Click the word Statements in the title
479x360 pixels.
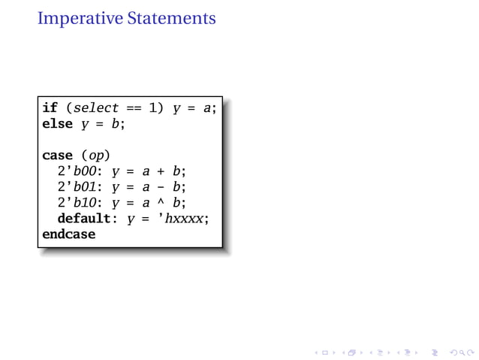170,17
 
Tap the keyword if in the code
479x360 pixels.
50,108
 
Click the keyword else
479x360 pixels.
58,124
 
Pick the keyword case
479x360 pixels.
58,156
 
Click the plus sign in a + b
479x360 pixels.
161,171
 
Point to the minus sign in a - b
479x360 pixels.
161,187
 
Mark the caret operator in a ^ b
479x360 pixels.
161,201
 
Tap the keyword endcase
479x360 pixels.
69,234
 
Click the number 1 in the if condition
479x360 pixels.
154,108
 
